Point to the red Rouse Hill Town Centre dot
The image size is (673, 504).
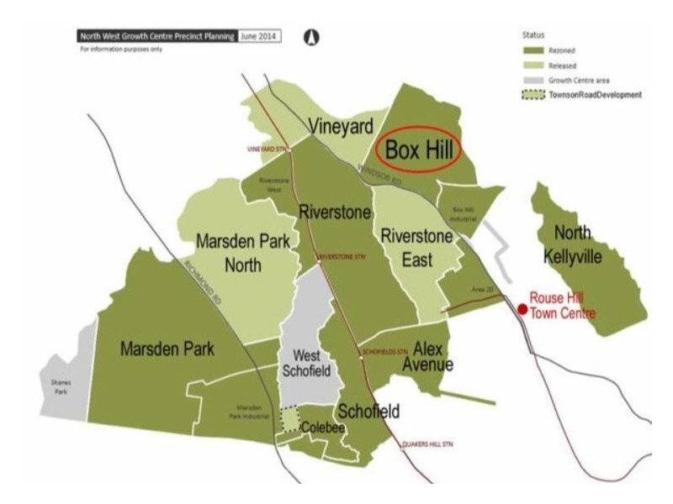[x=522, y=309]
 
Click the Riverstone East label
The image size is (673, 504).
[x=417, y=249]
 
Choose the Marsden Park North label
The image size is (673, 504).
[x=243, y=253]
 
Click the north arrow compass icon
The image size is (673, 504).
[x=310, y=37]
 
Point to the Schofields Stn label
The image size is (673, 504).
[x=384, y=350]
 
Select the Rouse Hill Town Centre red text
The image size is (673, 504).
[x=561, y=306]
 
